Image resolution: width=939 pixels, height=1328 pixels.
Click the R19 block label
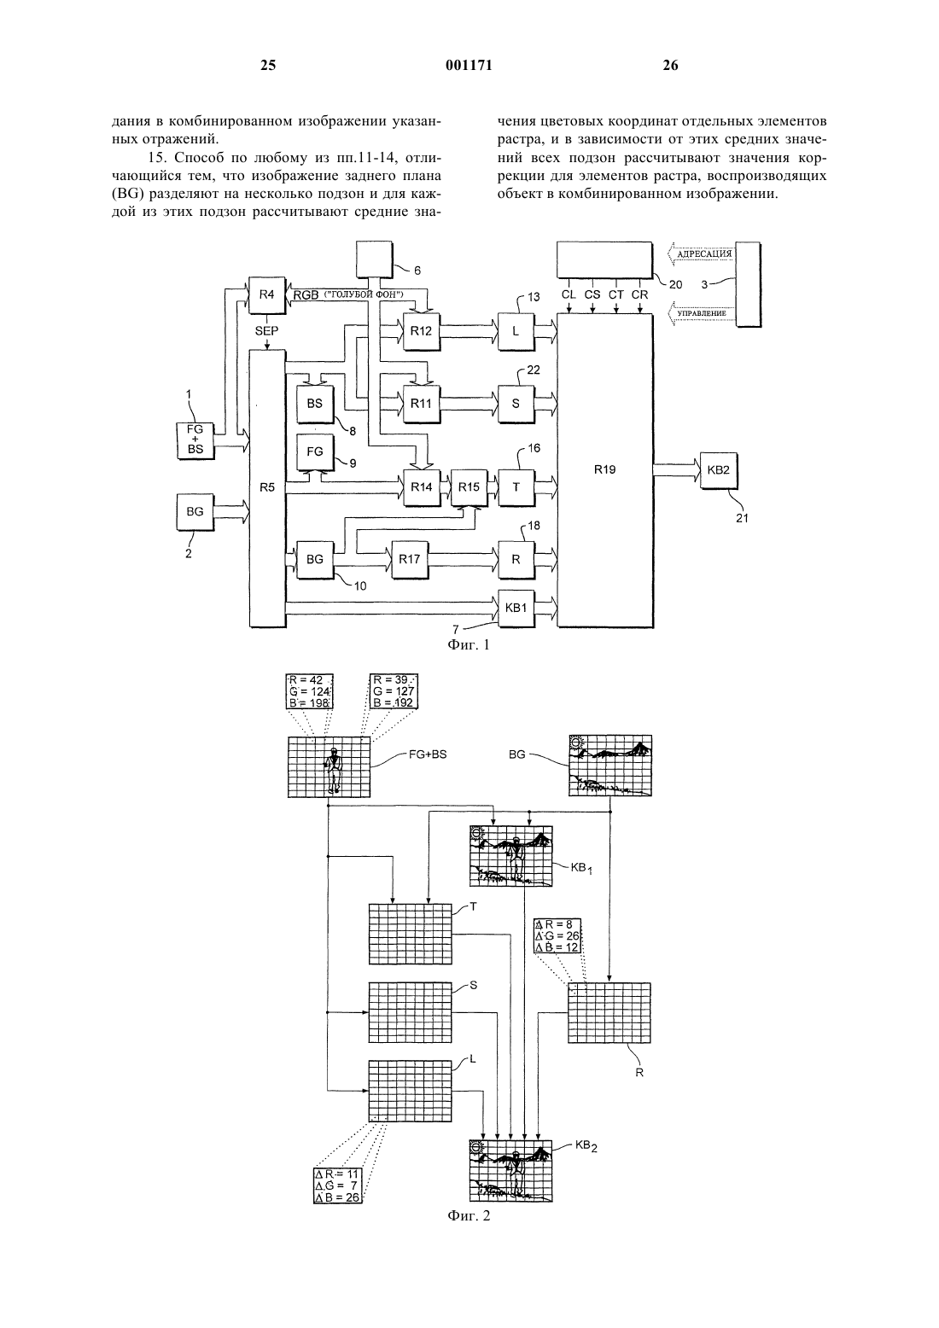[604, 469]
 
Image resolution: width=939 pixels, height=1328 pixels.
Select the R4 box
[266, 294]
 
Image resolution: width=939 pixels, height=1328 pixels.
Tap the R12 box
[421, 331]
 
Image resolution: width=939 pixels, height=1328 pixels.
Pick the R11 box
[421, 404]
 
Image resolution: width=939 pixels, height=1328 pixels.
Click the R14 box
[422, 487]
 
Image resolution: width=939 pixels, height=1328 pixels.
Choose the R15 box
[469, 487]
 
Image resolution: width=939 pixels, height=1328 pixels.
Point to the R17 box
[410, 559]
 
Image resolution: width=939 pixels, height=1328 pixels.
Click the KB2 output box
[719, 470]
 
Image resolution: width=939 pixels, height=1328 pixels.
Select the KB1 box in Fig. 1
[516, 609]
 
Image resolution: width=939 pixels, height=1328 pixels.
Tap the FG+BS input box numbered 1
[195, 440]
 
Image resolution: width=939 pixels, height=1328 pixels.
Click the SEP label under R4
[266, 331]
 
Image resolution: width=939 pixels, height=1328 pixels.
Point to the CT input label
[616, 294]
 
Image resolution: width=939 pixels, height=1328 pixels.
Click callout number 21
[742, 518]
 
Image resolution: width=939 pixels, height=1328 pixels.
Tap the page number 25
[268, 65]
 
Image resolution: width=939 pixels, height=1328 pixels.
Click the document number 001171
[469, 65]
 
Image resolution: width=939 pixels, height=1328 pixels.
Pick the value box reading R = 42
[309, 691]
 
